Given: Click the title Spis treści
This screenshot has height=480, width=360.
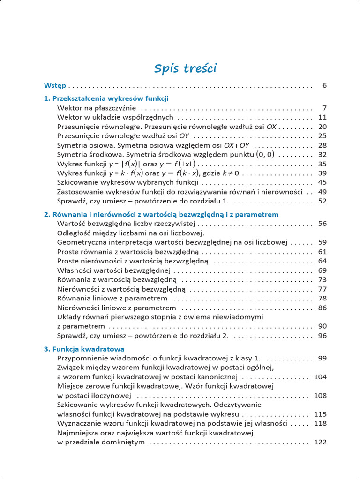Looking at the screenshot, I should point(185,68).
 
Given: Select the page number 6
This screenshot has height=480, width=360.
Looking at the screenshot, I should point(324,86).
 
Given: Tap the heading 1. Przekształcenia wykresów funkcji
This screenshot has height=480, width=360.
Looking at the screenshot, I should point(106,98).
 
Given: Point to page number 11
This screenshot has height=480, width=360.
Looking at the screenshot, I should point(322,117).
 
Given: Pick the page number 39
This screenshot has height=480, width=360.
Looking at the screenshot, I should point(322,173).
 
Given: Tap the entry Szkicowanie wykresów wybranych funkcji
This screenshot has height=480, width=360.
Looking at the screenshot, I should point(127,182).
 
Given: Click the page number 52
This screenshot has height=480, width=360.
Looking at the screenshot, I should point(322,201).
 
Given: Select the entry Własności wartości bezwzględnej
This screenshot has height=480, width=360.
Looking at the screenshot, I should point(113,270).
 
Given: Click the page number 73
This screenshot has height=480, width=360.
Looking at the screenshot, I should point(322,280).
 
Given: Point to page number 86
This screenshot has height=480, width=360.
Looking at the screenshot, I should point(322,308).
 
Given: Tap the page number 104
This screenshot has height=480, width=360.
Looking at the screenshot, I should point(320,377).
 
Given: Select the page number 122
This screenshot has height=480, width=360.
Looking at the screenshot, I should point(320,442).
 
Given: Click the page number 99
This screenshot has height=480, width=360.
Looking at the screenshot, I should point(322,358).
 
